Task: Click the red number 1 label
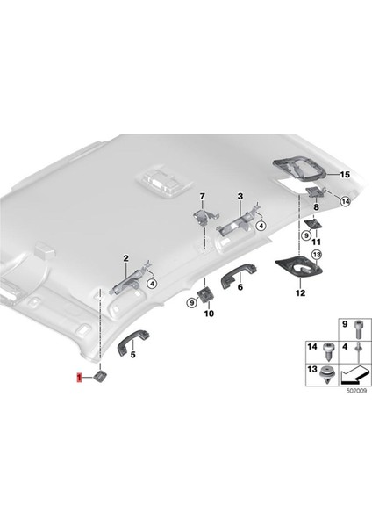(x=79, y=379)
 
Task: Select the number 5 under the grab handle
(x=132, y=357)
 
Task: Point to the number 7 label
(x=201, y=194)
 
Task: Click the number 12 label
(x=300, y=293)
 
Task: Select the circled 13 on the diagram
(x=317, y=254)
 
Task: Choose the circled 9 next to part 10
(x=190, y=302)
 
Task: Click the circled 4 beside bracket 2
(x=152, y=284)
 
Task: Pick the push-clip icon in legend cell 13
(x=326, y=379)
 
